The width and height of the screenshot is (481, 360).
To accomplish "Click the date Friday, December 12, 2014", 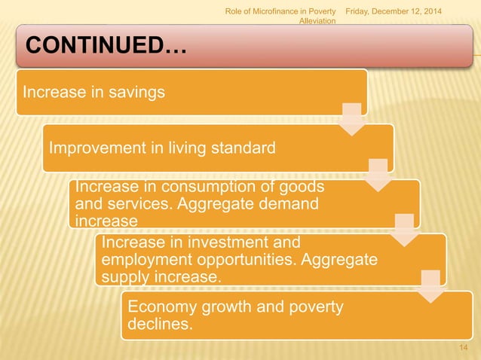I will click(394, 9).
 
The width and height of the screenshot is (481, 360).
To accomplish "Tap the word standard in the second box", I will click(243, 147).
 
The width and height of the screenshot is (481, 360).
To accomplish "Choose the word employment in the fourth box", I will click(139, 260).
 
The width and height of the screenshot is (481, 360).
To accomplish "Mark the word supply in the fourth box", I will click(123, 277).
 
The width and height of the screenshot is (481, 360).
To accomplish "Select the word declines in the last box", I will click(158, 325).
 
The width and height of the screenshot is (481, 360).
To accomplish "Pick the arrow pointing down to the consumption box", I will click(379, 174).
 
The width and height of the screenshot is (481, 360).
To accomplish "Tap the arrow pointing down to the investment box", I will click(405, 230).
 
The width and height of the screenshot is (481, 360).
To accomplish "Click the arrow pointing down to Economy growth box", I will click(430, 285).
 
